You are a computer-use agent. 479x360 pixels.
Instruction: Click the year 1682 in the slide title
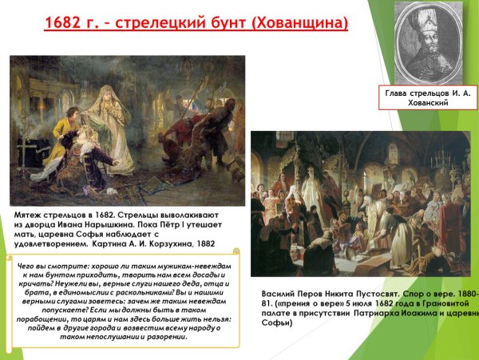coord(65,22)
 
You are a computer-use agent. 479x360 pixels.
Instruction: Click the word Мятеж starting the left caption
coord(33,215)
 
